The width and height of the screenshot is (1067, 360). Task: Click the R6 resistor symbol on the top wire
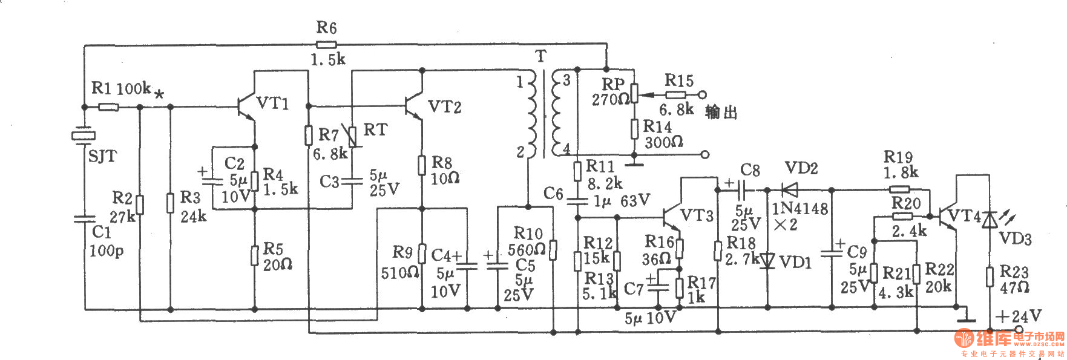click(327, 44)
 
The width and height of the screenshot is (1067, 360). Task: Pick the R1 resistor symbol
click(108, 107)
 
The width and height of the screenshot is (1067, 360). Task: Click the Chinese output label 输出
click(721, 113)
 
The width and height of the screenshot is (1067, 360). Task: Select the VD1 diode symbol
click(767, 261)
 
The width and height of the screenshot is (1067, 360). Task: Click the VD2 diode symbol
click(790, 189)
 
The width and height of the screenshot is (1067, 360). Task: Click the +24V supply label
click(1019, 316)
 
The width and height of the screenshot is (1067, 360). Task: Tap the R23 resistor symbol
click(989, 277)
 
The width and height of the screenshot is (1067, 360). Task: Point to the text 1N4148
click(799, 209)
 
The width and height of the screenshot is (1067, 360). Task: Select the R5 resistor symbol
click(254, 255)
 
